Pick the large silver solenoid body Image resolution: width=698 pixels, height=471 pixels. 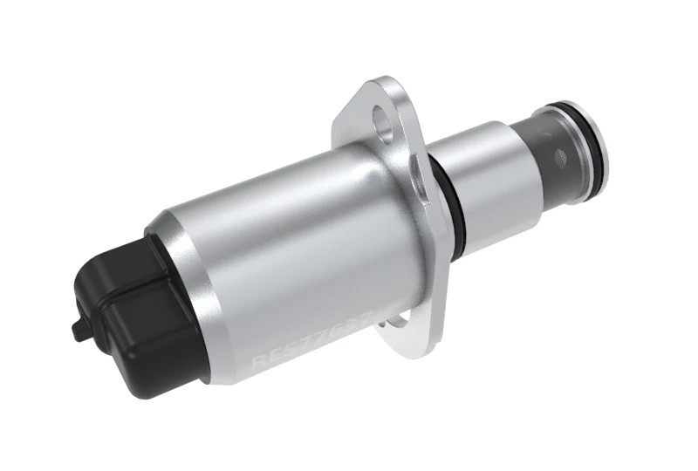point(288,253)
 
